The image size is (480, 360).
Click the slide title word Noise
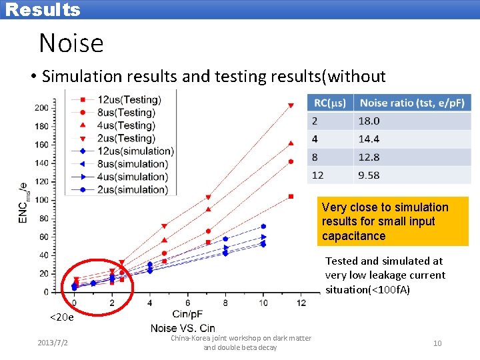pos(71,43)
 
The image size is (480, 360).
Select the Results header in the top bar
pos(43,9)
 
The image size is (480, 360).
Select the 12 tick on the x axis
pos(301,303)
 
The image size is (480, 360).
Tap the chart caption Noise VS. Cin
pos(183,327)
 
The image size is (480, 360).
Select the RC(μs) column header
pos(329,103)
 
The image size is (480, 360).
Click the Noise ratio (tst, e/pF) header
pos(411,103)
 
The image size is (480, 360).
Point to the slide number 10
pos(437,343)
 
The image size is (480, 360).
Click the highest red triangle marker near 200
pos(291,105)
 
